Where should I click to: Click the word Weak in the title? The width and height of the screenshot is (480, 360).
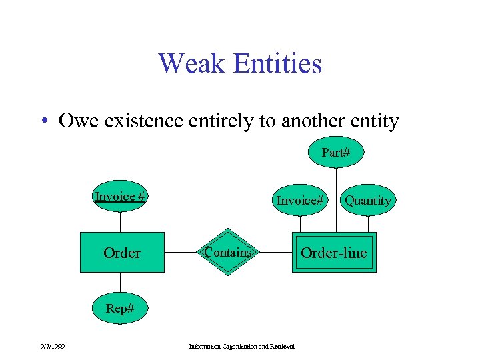pyautogui.click(x=187, y=64)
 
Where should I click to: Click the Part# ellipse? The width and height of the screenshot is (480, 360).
pyautogui.click(x=336, y=153)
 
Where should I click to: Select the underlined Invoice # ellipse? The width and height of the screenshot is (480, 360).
pyautogui.click(x=120, y=196)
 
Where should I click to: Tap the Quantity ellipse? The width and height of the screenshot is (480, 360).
pyautogui.click(x=368, y=200)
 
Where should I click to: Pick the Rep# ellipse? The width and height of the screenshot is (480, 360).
pyautogui.click(x=120, y=309)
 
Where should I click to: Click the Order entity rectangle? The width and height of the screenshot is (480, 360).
pyautogui.click(x=122, y=253)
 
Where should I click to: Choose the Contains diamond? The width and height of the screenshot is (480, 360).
pyautogui.click(x=228, y=253)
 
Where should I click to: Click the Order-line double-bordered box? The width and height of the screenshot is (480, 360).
pyautogui.click(x=333, y=253)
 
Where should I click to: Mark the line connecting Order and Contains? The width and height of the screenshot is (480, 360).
pyautogui.click(x=181, y=253)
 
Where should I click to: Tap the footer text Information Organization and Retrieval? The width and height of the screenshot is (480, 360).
pyautogui.click(x=241, y=345)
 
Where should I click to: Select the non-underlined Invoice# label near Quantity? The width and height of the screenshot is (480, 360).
pyautogui.click(x=300, y=200)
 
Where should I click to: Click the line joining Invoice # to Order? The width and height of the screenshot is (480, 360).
pyautogui.click(x=120, y=221)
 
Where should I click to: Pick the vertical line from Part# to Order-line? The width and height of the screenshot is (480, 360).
pyautogui.click(x=336, y=200)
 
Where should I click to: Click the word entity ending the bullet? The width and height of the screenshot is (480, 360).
pyautogui.click(x=375, y=121)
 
